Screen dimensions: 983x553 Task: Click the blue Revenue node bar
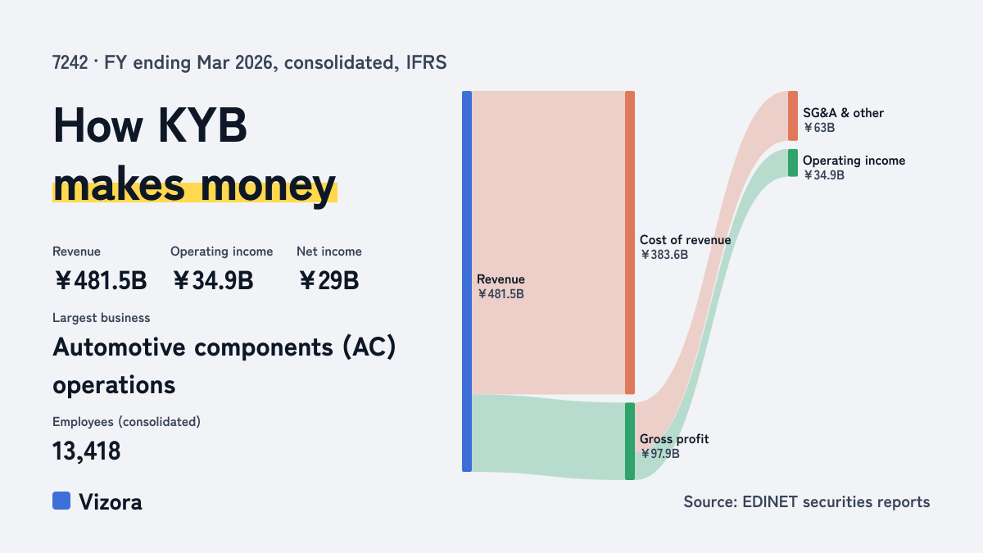point(467,281)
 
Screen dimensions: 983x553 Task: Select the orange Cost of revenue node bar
point(630,243)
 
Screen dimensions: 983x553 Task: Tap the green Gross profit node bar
point(630,441)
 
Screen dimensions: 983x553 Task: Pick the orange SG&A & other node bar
point(793,116)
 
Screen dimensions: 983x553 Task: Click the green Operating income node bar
point(793,163)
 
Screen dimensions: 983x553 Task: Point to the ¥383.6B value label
point(664,255)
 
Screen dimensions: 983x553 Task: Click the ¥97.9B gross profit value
point(659,454)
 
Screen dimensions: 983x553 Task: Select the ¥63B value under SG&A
point(819,128)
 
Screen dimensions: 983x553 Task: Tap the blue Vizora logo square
point(61,501)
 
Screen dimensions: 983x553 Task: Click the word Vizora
point(111,502)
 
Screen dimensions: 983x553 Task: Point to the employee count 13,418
point(87,451)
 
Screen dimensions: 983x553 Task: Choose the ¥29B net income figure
point(328,280)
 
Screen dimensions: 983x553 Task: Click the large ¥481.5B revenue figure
point(101,280)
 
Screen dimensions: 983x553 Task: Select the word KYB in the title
point(202,125)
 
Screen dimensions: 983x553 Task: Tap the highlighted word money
point(268,186)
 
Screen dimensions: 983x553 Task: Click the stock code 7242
point(70,63)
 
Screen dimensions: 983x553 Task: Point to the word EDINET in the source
point(769,501)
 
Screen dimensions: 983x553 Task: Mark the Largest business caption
point(102,318)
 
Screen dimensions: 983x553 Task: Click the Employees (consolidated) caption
point(126,422)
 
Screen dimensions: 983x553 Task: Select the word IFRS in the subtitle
point(426,63)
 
